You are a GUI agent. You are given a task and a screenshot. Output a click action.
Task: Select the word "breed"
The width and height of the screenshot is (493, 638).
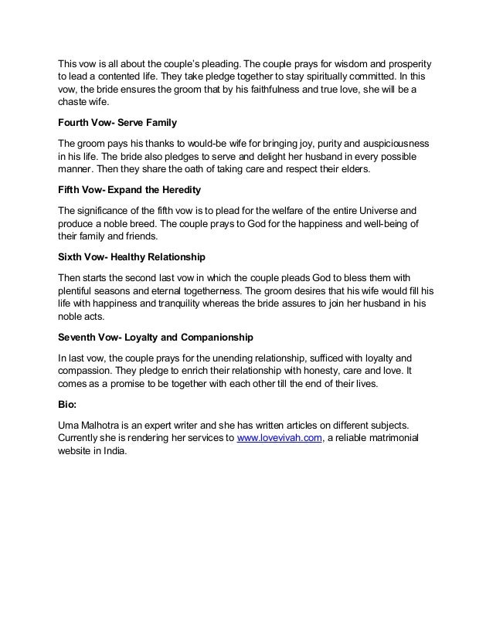point(136,223)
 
